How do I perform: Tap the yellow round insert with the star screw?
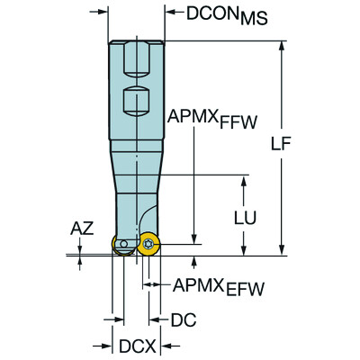(x=148, y=246)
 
